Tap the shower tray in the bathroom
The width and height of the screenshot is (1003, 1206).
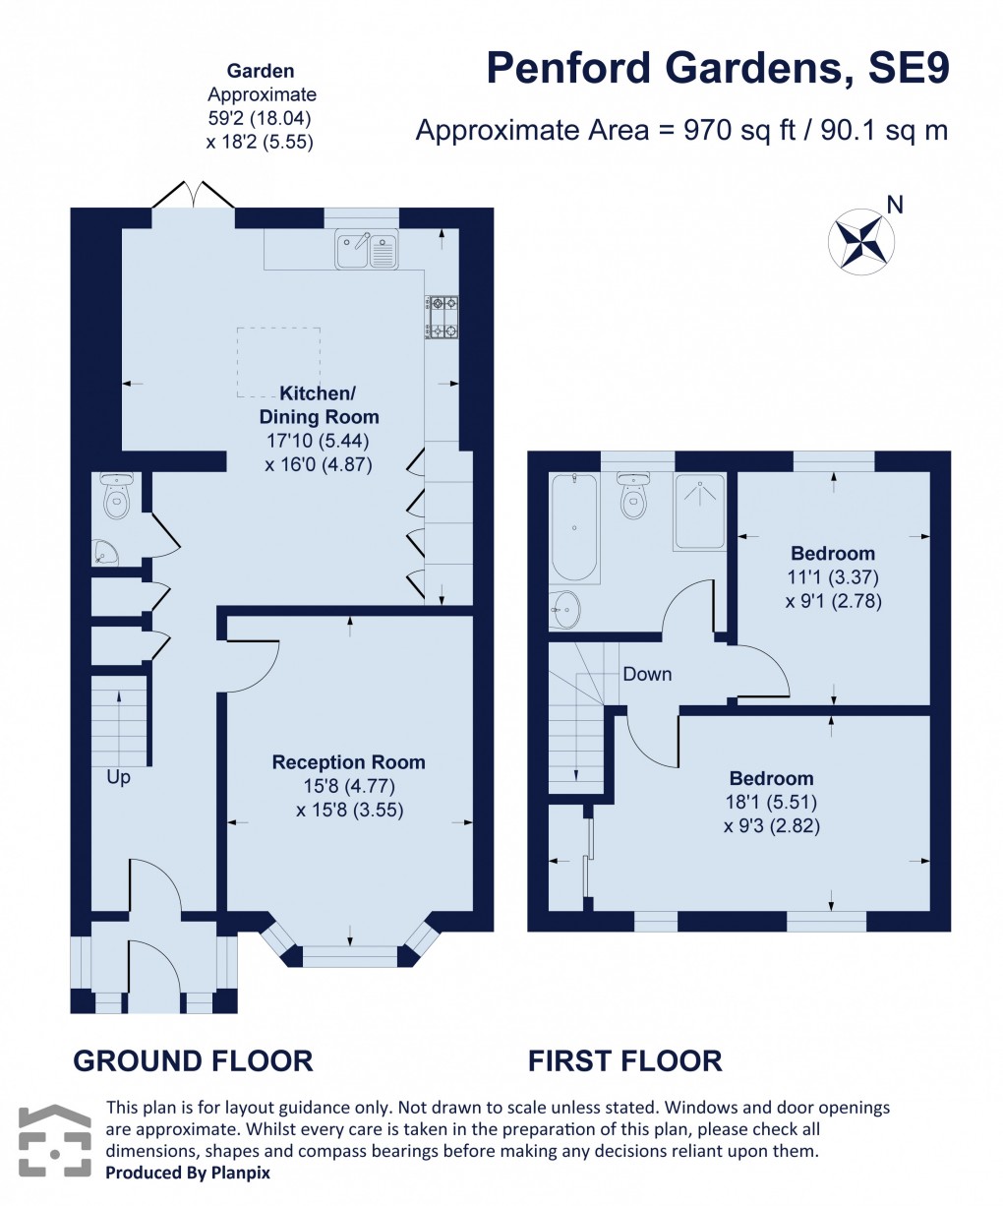(x=699, y=511)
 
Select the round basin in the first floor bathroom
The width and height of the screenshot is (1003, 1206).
(x=564, y=610)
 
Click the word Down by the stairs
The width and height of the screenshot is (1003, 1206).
(x=647, y=674)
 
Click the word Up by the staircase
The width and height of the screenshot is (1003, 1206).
(x=118, y=777)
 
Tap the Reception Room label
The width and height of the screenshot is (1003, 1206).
(x=349, y=762)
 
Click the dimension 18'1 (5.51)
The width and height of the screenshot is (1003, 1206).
(x=771, y=802)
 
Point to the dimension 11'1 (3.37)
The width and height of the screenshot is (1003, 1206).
(x=833, y=577)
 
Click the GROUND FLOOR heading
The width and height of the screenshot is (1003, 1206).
(x=193, y=1060)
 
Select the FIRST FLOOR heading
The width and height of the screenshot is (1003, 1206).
(x=624, y=1060)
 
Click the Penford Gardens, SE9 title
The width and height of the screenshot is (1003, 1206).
(x=718, y=69)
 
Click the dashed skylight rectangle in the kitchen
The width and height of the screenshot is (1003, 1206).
(x=278, y=362)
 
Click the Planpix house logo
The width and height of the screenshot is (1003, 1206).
(x=55, y=1141)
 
